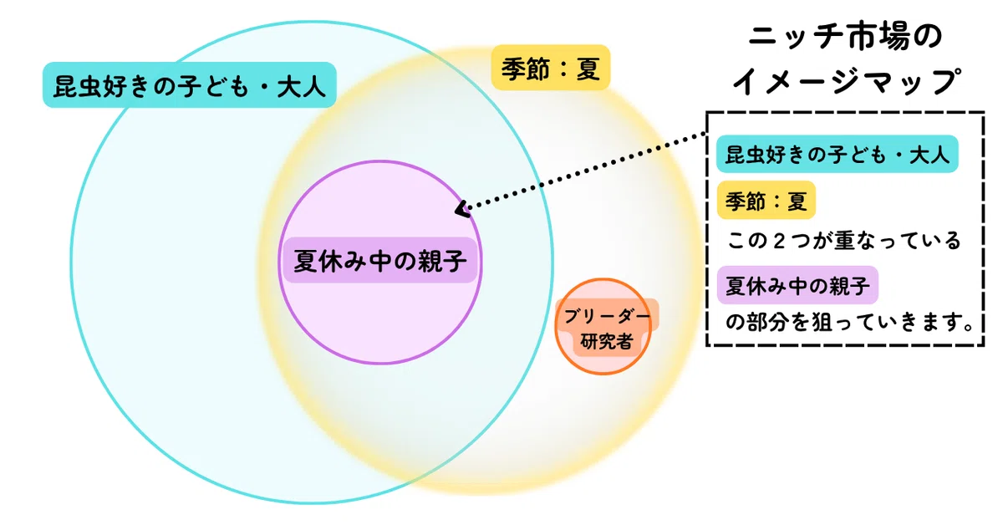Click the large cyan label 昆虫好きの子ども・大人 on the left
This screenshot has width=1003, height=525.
click(x=190, y=84)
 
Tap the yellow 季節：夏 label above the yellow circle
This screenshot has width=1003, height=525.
click(x=551, y=68)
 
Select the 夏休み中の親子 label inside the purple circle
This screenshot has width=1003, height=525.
click(x=379, y=260)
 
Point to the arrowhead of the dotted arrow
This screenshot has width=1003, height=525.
click(x=461, y=210)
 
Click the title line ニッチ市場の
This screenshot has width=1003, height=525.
click(x=845, y=37)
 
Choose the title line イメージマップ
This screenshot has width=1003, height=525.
click(x=846, y=82)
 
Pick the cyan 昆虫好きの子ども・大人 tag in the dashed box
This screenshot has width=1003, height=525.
click(x=837, y=154)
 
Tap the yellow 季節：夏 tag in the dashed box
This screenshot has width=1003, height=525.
click(x=766, y=201)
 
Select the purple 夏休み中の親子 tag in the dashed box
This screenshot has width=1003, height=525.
click(x=797, y=285)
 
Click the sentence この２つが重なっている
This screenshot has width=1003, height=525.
click(x=843, y=241)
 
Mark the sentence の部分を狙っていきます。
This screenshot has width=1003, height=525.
click(x=849, y=322)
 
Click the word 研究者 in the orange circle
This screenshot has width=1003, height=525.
click(x=606, y=342)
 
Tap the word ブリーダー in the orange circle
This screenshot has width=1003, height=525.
click(x=607, y=316)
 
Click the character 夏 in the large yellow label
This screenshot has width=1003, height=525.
click(x=588, y=69)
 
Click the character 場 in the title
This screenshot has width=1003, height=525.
click(x=895, y=37)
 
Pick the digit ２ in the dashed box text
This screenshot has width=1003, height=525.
click(x=779, y=241)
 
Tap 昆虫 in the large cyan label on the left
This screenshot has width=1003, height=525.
click(x=78, y=86)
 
